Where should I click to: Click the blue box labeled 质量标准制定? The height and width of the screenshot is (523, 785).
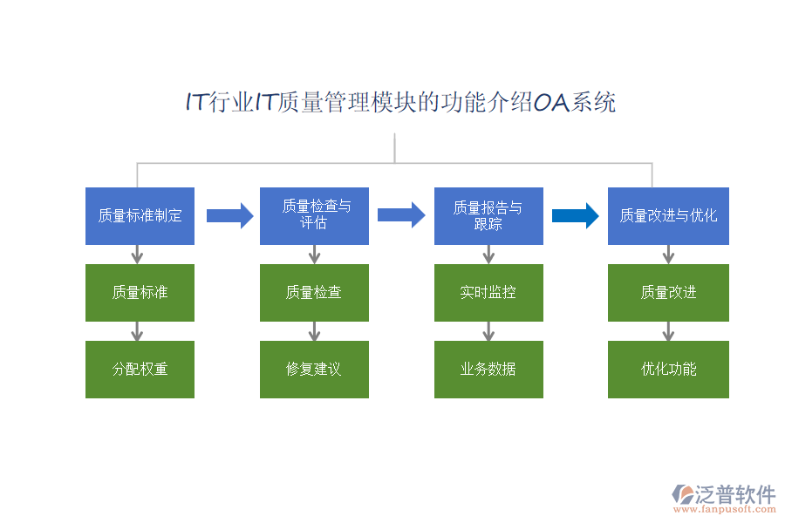[x=140, y=215]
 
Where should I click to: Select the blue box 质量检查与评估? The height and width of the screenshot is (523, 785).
[x=314, y=215]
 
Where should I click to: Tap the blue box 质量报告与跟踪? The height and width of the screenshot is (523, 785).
[x=488, y=215]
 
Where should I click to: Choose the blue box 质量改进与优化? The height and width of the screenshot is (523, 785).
[x=668, y=215]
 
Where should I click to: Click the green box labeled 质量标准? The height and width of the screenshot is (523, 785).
[x=140, y=292]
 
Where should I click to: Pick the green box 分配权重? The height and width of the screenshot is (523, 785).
[x=140, y=369]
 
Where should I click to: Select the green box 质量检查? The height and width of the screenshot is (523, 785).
[x=314, y=292]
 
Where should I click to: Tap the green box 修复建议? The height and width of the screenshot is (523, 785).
[x=314, y=369]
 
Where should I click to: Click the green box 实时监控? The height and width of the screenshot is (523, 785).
[x=488, y=292]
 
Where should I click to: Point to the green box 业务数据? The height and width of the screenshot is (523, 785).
[x=488, y=369]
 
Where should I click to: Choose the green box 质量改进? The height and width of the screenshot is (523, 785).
[x=668, y=292]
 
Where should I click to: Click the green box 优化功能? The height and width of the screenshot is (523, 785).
[x=668, y=369]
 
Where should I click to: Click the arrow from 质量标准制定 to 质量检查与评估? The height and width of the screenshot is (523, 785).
[x=229, y=214]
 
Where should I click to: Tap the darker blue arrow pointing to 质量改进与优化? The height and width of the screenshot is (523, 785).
[x=576, y=214]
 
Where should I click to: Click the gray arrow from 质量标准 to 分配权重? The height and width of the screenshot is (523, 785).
[x=137, y=330]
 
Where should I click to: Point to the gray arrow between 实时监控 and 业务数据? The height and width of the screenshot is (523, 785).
[x=488, y=330]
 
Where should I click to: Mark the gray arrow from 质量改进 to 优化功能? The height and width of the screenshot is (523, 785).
[x=668, y=330]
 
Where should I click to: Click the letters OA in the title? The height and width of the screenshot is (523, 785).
[x=551, y=103]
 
